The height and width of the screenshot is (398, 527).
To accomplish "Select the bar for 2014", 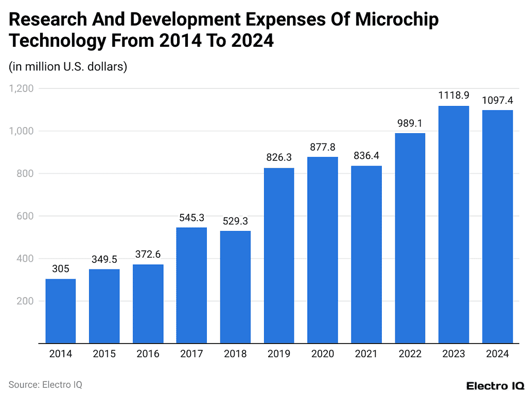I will [x=61, y=311].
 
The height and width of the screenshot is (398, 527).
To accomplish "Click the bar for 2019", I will [x=279, y=255].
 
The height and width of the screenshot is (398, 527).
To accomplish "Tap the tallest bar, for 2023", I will [x=453, y=224].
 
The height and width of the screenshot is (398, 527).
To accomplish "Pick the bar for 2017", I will [x=191, y=285].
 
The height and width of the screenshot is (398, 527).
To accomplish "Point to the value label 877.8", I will [x=323, y=147].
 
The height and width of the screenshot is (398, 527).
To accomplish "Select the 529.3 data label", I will [x=235, y=221].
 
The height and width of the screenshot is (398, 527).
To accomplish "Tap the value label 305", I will [x=61, y=269].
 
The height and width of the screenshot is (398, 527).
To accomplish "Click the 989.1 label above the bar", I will [x=410, y=123].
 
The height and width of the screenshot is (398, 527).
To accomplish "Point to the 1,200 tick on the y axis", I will [x=21, y=88].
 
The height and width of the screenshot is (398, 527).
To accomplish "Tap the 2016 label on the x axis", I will [x=148, y=354].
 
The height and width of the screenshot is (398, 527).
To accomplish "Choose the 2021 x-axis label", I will [x=366, y=354].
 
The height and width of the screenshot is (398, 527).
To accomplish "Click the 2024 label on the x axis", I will [x=497, y=354].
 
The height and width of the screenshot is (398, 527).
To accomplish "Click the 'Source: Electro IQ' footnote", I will [x=45, y=384].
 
